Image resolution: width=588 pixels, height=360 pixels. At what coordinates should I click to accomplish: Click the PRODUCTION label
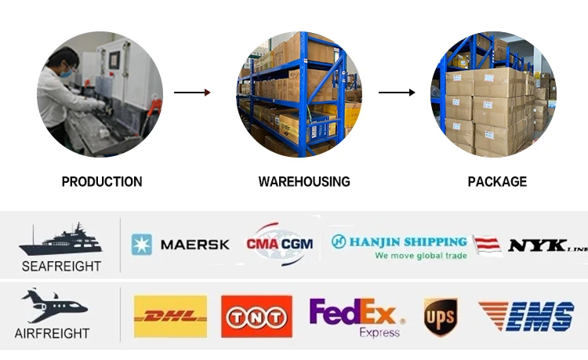tap(102, 182)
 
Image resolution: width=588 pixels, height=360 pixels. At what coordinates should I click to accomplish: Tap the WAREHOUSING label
tap(304, 182)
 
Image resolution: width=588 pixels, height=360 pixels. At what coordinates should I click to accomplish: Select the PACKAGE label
tap(497, 182)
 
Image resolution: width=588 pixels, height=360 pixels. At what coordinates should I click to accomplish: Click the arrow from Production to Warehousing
tap(192, 93)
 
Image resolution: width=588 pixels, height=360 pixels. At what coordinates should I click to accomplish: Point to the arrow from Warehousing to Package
tap(397, 93)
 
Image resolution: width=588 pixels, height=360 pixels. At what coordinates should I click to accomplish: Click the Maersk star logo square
tap(142, 245)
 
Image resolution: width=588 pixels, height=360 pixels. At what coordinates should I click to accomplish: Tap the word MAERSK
tap(194, 245)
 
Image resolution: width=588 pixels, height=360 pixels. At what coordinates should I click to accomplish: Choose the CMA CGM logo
tap(280, 244)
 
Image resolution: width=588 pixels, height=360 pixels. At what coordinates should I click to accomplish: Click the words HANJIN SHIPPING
tap(407, 242)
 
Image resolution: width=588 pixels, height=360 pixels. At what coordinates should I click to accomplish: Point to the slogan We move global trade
tap(420, 256)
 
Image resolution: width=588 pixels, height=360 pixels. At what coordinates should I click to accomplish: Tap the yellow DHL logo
tap(171, 316)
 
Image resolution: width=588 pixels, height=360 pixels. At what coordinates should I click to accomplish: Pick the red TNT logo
tap(256, 316)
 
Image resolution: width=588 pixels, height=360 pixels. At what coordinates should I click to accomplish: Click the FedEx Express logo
tap(357, 316)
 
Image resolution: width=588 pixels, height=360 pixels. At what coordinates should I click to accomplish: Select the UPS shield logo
tap(440, 317)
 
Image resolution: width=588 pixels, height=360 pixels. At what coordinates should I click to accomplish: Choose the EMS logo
tap(527, 316)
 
